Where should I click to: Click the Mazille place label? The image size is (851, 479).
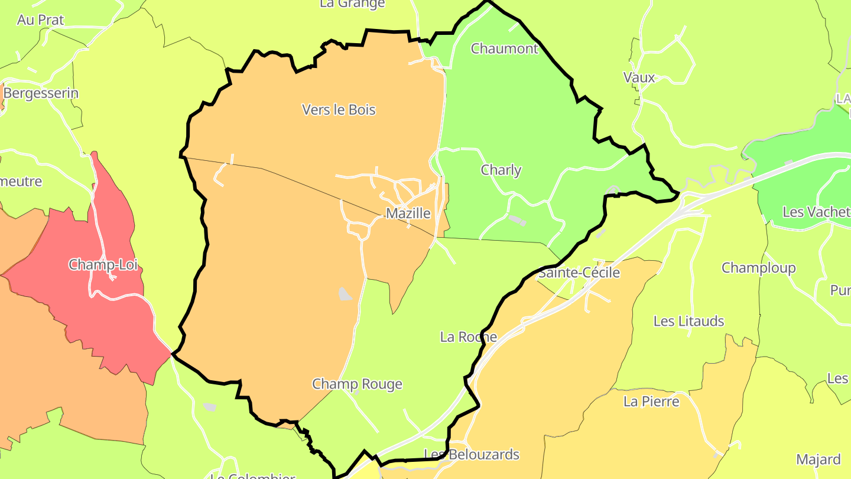pos(408,213)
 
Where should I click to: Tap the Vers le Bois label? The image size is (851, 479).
pos(339,110)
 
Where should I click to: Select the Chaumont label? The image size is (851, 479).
pos(505,48)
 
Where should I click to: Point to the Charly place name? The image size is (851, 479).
pos(501,170)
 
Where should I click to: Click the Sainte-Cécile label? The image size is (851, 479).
pos(579,273)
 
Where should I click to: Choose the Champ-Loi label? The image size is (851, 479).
pos(103,264)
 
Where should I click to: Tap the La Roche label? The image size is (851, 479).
pos(469,337)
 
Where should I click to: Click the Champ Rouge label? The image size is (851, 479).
pos(357,384)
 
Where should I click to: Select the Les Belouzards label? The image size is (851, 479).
pos(472,455)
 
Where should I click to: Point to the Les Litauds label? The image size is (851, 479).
pos(688,322)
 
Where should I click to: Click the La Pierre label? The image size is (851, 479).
pos(651,402)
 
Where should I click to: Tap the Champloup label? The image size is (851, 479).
pos(759,268)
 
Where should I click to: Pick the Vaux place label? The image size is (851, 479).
pos(639,77)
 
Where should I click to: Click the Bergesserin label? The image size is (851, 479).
pos(41,93)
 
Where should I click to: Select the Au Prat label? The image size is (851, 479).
pos(41,20)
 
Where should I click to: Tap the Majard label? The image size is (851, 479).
pos(818,459)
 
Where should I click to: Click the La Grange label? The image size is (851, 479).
pos(352,4)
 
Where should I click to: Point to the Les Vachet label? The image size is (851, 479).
pos(816,212)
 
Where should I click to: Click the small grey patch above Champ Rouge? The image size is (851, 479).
pos(345,293)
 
